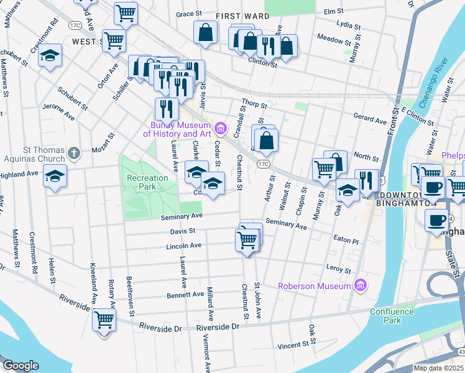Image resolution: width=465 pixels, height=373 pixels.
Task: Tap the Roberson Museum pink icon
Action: (x=359, y=285)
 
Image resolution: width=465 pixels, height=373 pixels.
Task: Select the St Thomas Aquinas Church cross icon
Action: (x=73, y=153)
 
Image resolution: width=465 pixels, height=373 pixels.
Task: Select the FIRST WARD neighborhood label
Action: (x=242, y=16)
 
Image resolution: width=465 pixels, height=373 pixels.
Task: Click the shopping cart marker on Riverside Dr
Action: (x=104, y=320)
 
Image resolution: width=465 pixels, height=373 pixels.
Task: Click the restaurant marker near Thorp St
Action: (x=167, y=108)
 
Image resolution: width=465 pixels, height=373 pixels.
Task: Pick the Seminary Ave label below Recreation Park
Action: (x=182, y=216)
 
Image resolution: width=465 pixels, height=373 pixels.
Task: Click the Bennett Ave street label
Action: (x=185, y=294)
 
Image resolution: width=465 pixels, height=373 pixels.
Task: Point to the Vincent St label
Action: (x=293, y=344)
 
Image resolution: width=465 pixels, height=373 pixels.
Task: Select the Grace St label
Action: (x=190, y=14)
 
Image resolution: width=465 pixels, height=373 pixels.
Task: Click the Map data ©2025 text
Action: (x=438, y=368)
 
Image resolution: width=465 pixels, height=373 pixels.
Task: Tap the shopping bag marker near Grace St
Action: (x=205, y=32)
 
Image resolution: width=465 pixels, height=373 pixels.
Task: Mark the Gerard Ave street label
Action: (x=369, y=119)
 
